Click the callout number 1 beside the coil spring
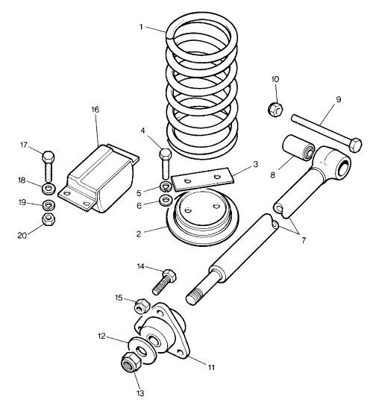pyautogui.click(x=141, y=27)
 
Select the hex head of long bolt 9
pyautogui.click(x=355, y=145)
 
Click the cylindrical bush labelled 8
pyautogui.click(x=299, y=148)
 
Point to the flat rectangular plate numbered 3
pyautogui.click(x=201, y=178)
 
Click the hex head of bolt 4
pyautogui.click(x=165, y=154)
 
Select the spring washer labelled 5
pyautogui.click(x=166, y=187)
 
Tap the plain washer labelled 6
pyautogui.click(x=166, y=200)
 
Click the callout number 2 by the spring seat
pyautogui.click(x=139, y=233)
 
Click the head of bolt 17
pyautogui.click(x=48, y=157)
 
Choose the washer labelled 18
pyautogui.click(x=48, y=189)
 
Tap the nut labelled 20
pyautogui.click(x=48, y=219)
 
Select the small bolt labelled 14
pyautogui.click(x=164, y=282)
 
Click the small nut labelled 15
pyautogui.click(x=142, y=306)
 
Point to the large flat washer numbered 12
pyautogui.click(x=142, y=350)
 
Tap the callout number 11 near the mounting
pyautogui.click(x=211, y=368)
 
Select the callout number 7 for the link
pyautogui.click(x=304, y=240)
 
